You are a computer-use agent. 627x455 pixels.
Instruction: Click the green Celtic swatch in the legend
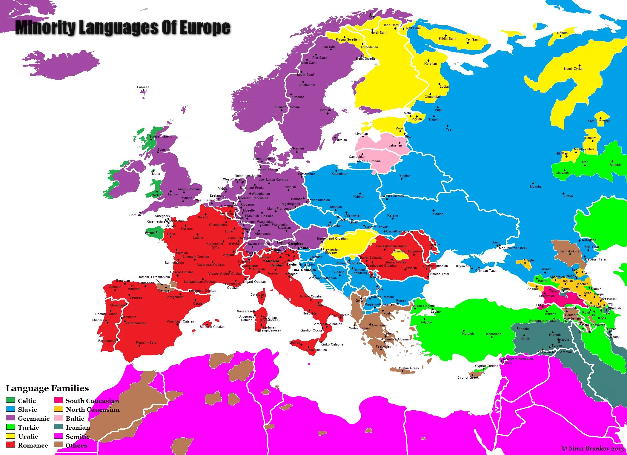tap(10, 400)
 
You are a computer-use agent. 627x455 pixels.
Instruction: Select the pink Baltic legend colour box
tap(58, 418)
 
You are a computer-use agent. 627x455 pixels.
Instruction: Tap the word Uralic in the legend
tap(28, 436)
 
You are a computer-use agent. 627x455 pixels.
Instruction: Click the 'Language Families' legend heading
tap(47, 388)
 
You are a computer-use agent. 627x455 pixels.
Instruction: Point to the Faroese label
tap(143, 87)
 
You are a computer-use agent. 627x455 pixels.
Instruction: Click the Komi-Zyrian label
tap(574, 69)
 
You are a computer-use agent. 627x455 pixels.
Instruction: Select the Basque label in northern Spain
tap(164, 290)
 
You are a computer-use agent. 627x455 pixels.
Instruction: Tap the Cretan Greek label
tap(409, 368)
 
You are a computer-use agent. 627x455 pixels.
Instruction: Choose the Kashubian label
tap(339, 174)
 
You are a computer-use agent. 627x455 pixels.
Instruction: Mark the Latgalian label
tap(395, 145)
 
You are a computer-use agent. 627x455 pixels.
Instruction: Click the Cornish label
tap(135, 215)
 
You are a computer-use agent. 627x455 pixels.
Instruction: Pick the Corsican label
tap(257, 294)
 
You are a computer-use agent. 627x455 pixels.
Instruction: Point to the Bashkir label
tap(615, 165)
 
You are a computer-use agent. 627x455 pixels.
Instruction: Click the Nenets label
tap(562, 33)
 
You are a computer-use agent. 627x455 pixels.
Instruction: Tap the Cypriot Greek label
tap(468, 377)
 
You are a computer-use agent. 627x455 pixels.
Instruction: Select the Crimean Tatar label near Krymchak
tap(486, 271)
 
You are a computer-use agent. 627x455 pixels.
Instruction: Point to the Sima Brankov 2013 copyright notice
tap(592, 448)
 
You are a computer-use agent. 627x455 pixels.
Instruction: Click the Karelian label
tap(430, 64)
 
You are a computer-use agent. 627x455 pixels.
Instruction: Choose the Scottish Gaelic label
tap(161, 136)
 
